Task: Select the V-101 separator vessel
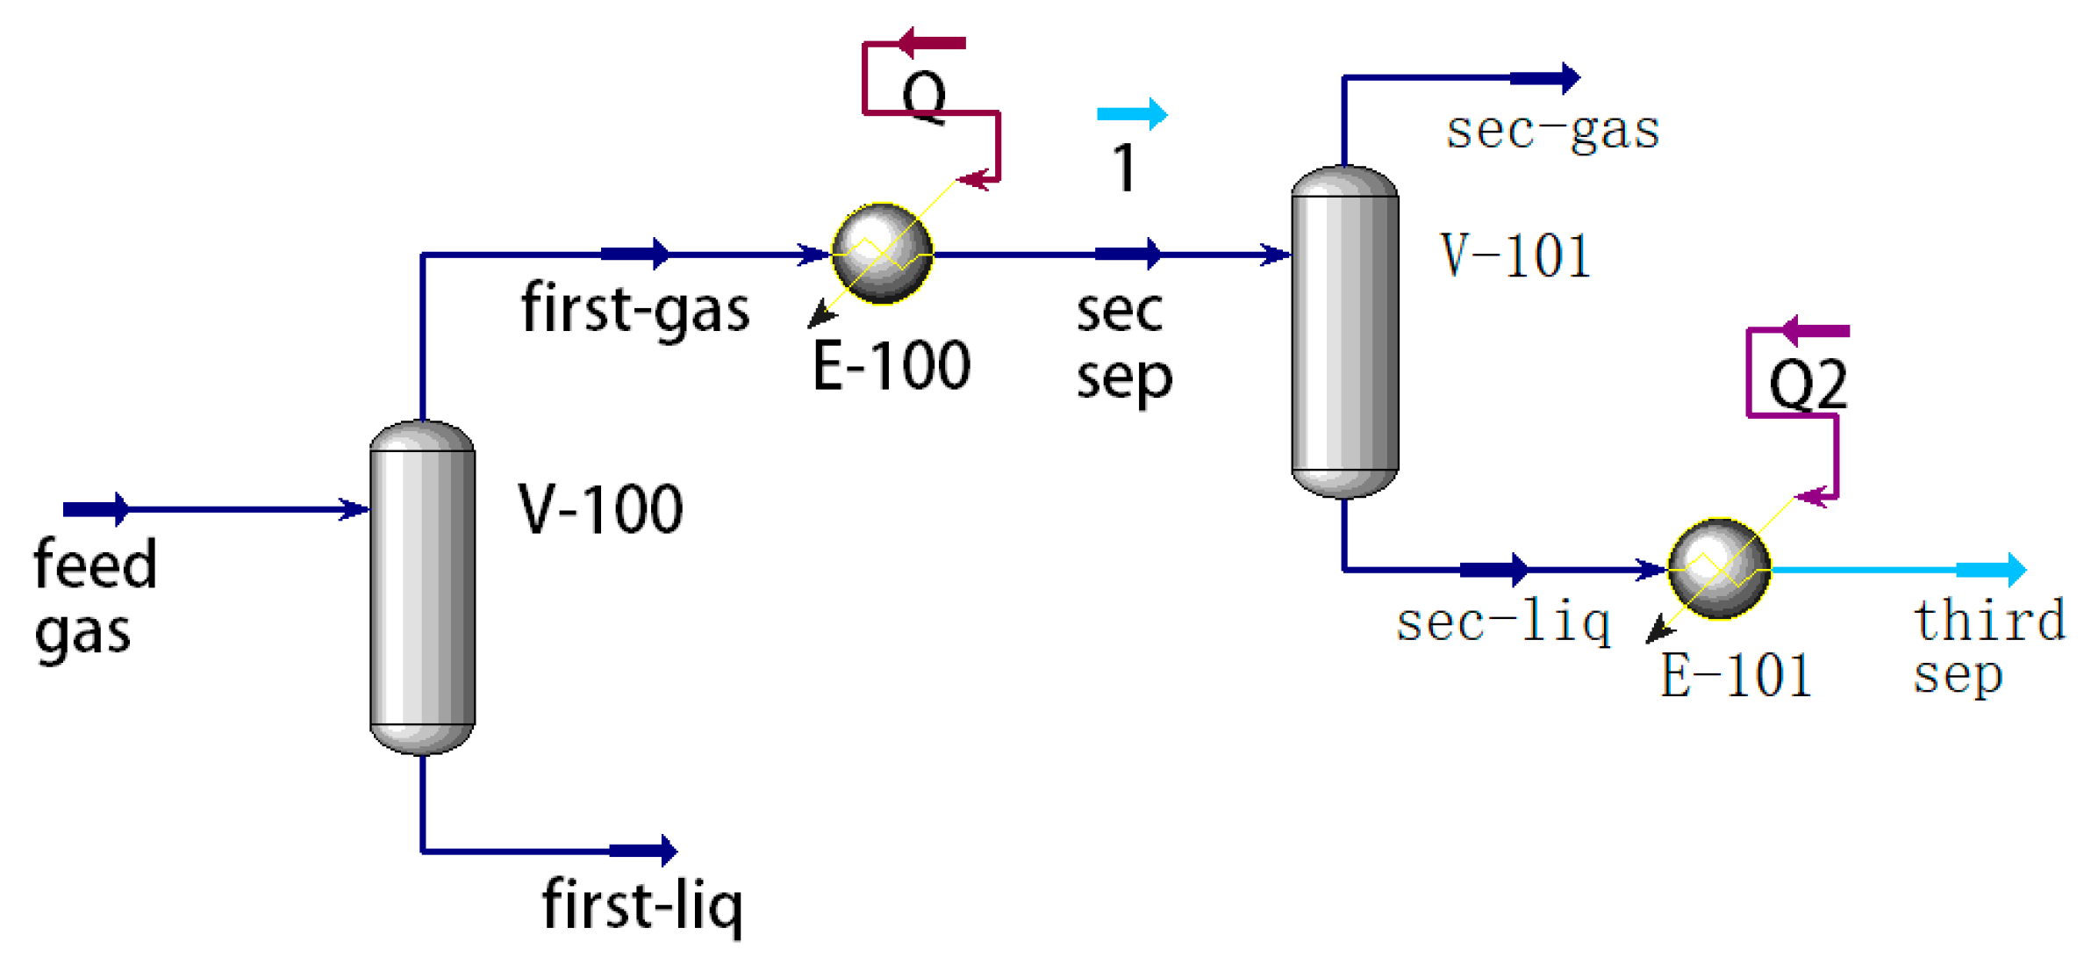[1343, 332]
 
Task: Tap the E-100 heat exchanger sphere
[882, 254]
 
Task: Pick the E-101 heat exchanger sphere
[1718, 569]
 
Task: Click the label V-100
[600, 509]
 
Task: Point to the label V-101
[1515, 256]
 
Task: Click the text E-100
[891, 365]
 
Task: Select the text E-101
[1736, 675]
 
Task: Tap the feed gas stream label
[94, 597]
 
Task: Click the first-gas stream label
[635, 309]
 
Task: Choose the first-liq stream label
[642, 905]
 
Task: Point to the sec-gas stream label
[1552, 131]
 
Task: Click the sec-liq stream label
[1503, 622]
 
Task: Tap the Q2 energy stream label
[1808, 384]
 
